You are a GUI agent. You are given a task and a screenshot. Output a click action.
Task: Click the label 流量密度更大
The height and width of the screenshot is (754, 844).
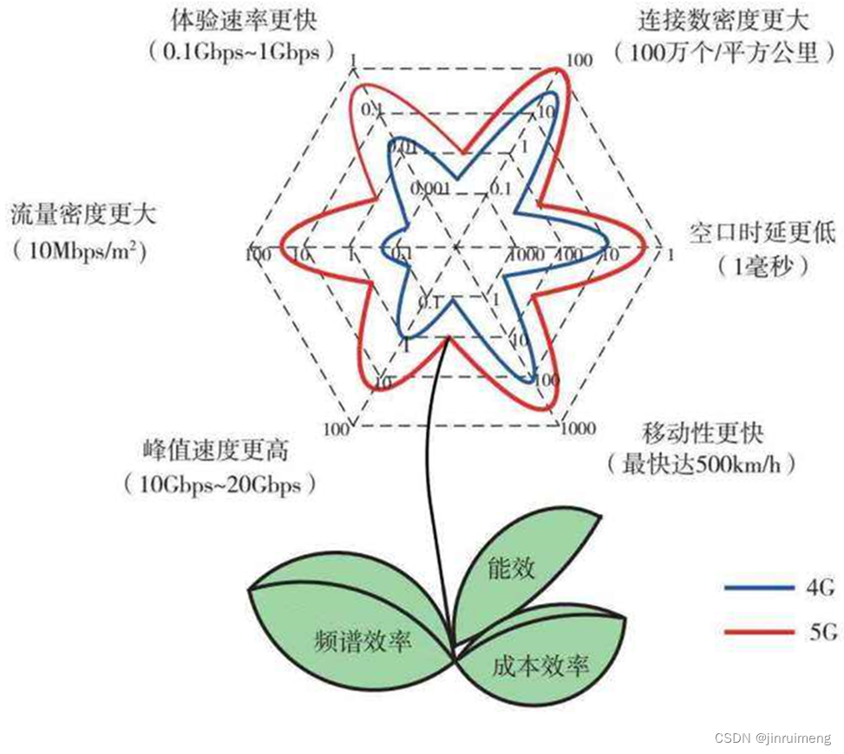[x=89, y=213]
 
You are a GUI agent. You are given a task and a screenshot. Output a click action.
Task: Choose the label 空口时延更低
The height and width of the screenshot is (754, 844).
[x=762, y=231]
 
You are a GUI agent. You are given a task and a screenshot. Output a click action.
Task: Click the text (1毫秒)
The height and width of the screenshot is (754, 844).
[x=763, y=264]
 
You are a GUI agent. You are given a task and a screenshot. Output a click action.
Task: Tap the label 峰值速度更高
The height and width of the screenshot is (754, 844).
[x=215, y=451]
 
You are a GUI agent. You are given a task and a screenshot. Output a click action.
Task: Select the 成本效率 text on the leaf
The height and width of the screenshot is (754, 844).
[x=540, y=666]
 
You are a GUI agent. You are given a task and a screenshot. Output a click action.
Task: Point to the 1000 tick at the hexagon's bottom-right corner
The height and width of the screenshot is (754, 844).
[x=578, y=428]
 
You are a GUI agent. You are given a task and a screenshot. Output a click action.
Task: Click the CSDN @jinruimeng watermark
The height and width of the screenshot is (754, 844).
[x=771, y=738]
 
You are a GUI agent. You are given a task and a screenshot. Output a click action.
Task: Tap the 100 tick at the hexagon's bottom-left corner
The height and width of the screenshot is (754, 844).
[x=337, y=429]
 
